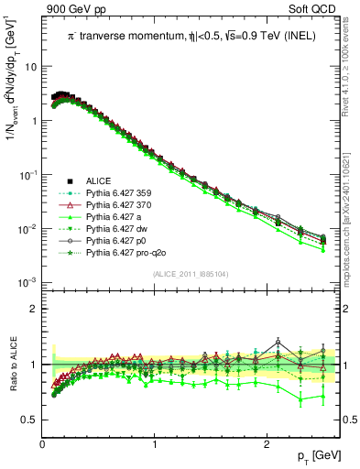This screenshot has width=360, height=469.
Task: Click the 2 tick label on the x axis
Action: click(266, 444)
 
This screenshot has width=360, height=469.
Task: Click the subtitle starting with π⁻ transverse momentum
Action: click(192, 36)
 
